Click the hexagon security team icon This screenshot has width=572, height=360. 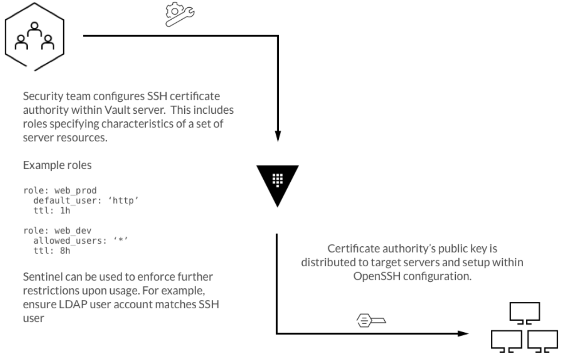click(35, 38)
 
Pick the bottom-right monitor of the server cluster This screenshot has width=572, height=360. click(543, 340)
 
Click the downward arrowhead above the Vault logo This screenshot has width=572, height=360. click(278, 136)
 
